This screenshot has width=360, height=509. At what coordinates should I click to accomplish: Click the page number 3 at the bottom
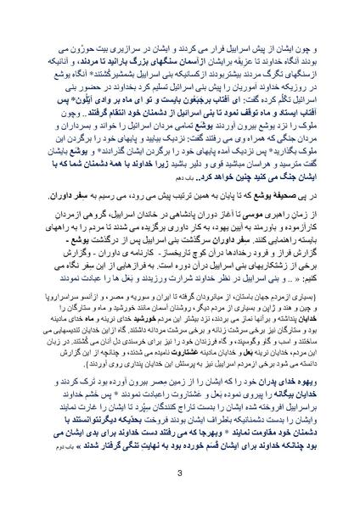[x=180, y=473]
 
